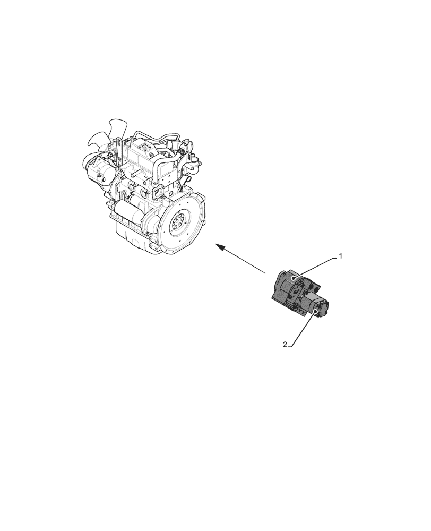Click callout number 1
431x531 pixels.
click(x=341, y=255)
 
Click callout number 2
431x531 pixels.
click(x=285, y=345)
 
